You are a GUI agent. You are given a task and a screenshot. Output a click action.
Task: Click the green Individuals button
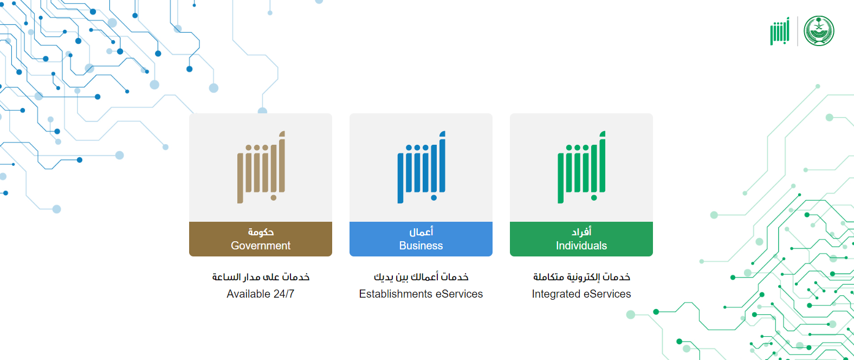point(581,239)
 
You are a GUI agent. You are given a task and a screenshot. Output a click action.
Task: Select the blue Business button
point(421,239)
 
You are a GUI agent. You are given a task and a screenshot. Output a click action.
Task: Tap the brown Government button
point(261,239)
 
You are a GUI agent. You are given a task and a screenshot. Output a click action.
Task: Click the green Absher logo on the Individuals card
point(581,167)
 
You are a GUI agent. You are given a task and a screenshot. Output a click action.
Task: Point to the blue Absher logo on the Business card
point(421,167)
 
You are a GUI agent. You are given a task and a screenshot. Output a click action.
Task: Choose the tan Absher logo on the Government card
point(261,167)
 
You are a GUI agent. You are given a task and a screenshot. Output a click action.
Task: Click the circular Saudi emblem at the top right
point(819,31)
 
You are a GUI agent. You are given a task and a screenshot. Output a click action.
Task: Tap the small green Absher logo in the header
point(780,31)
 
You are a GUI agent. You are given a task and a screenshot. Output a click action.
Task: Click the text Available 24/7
point(261,294)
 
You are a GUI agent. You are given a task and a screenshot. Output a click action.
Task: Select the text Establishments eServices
point(421,294)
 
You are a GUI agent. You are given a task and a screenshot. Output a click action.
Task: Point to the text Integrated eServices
point(581,294)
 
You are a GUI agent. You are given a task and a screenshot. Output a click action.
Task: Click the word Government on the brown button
point(261,246)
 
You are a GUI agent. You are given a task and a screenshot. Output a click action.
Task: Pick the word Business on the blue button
point(421,246)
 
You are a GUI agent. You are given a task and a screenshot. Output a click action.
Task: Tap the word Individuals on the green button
point(581,246)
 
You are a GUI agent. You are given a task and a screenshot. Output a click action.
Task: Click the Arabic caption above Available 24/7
point(261,277)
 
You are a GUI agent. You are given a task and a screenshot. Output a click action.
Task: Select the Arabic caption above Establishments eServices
point(421,277)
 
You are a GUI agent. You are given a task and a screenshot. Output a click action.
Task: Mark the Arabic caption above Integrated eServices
point(581,277)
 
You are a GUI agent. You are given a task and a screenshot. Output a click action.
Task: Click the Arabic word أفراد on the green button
point(581,232)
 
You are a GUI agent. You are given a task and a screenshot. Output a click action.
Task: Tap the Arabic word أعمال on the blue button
point(421,232)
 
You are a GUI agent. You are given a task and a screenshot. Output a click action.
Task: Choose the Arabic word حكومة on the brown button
point(261,232)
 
